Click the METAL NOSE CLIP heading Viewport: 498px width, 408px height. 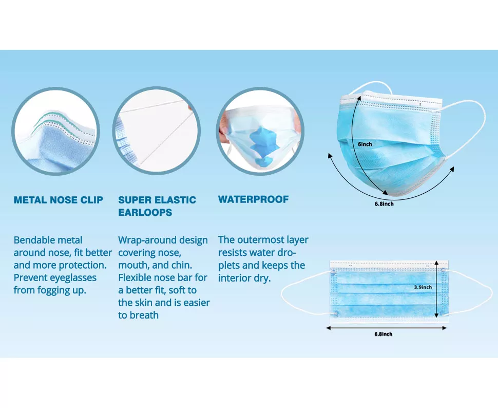[59, 200]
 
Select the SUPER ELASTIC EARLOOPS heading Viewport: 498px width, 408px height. [157, 206]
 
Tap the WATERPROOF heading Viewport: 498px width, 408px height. [253, 199]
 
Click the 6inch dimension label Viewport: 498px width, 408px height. [365, 144]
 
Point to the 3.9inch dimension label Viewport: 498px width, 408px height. [423, 287]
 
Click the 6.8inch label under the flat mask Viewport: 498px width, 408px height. [383, 334]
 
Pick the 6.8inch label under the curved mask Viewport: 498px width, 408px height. [384, 204]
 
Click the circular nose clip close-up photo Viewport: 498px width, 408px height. [55, 131]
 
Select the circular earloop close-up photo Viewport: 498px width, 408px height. [157, 131]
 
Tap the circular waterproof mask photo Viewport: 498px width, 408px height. [260, 131]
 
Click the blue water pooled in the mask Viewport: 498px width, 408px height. [262, 146]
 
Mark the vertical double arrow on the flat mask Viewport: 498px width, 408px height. [436, 289]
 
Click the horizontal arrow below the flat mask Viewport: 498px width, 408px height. [387, 328]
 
